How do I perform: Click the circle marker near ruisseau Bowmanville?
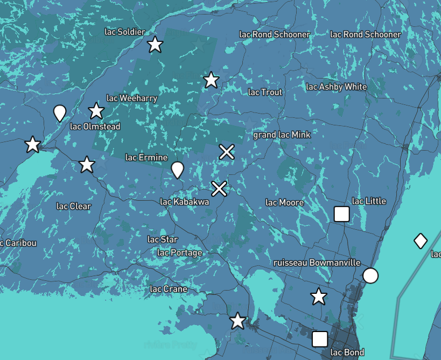tap(370, 276)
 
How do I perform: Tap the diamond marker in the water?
tap(421, 241)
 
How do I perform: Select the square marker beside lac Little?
tap(342, 214)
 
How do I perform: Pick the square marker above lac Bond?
tap(320, 339)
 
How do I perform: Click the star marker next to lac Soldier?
tap(155, 45)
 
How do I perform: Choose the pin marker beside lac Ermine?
tap(177, 170)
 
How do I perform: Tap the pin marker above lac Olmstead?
tap(60, 113)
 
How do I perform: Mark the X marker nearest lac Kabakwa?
tap(219, 189)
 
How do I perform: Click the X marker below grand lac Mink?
tap(227, 152)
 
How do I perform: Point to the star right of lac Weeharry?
tap(211, 80)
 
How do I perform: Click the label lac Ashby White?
tap(337, 87)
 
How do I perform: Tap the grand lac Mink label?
tap(282, 135)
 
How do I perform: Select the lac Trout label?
tap(265, 92)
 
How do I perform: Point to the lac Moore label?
tap(285, 202)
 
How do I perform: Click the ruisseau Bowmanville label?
tap(317, 263)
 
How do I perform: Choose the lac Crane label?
tap(169, 289)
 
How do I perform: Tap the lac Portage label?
tap(180, 252)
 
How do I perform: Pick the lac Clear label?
tap(74, 206)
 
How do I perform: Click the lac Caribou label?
tap(18, 243)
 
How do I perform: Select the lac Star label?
tap(163, 239)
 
